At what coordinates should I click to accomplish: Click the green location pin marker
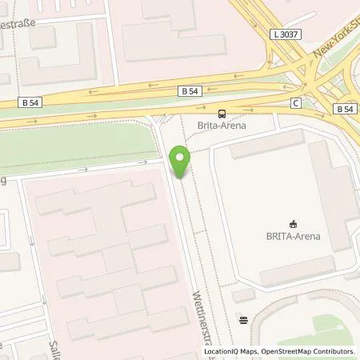181,162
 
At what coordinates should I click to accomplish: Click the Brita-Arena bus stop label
222,126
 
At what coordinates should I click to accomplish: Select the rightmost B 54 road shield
344,108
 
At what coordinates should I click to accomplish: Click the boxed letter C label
296,102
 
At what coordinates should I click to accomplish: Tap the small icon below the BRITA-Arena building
244,320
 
